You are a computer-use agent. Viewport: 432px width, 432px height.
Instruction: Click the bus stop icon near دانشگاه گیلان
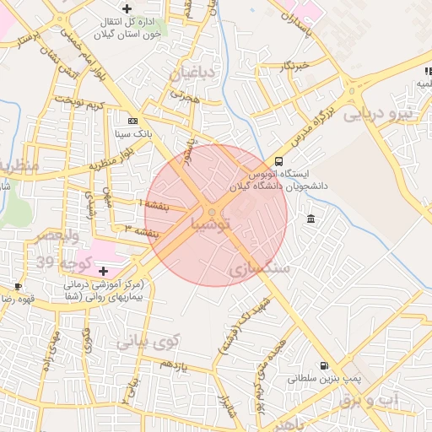(278, 162)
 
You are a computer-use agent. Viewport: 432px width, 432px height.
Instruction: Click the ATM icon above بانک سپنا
(132, 121)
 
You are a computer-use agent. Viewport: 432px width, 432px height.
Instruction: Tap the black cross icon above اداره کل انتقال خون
(127, 8)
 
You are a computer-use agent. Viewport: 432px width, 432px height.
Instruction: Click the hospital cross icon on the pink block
(104, 271)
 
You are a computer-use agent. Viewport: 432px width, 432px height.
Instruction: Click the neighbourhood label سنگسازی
(259, 268)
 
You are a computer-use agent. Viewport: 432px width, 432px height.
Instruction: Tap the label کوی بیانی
(148, 342)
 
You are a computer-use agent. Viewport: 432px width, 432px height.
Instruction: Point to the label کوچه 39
(53, 263)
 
